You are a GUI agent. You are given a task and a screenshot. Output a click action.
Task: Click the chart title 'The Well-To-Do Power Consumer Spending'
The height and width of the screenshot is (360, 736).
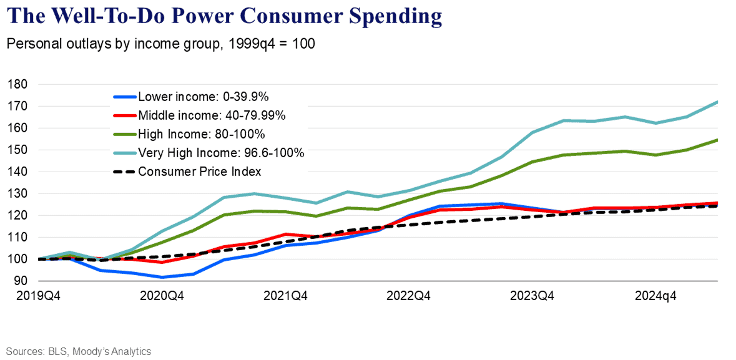(x=224, y=17)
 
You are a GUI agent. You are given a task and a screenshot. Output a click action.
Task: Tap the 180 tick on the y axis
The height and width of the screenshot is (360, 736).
(x=19, y=84)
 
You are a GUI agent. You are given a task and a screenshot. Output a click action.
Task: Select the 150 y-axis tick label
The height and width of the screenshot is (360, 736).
(x=19, y=150)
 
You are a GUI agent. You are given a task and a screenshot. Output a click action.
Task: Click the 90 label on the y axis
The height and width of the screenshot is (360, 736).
(x=22, y=281)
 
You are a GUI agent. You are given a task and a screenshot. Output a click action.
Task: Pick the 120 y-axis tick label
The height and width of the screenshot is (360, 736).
(x=19, y=215)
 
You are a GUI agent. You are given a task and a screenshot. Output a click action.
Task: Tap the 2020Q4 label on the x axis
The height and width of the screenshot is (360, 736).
(x=162, y=296)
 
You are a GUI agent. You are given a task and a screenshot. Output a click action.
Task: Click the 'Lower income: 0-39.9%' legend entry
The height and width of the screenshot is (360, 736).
(x=191, y=97)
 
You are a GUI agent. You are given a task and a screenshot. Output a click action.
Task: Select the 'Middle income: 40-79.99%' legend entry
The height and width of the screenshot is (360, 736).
(x=199, y=115)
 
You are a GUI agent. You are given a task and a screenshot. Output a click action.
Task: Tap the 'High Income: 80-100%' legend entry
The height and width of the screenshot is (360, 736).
(x=190, y=134)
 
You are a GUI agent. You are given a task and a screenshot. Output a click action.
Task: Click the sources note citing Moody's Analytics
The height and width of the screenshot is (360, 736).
(x=79, y=351)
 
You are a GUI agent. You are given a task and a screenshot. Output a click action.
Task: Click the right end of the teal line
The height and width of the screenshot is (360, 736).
(x=718, y=102)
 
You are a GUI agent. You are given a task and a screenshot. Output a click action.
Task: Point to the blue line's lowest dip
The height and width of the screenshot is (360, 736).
(x=162, y=278)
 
